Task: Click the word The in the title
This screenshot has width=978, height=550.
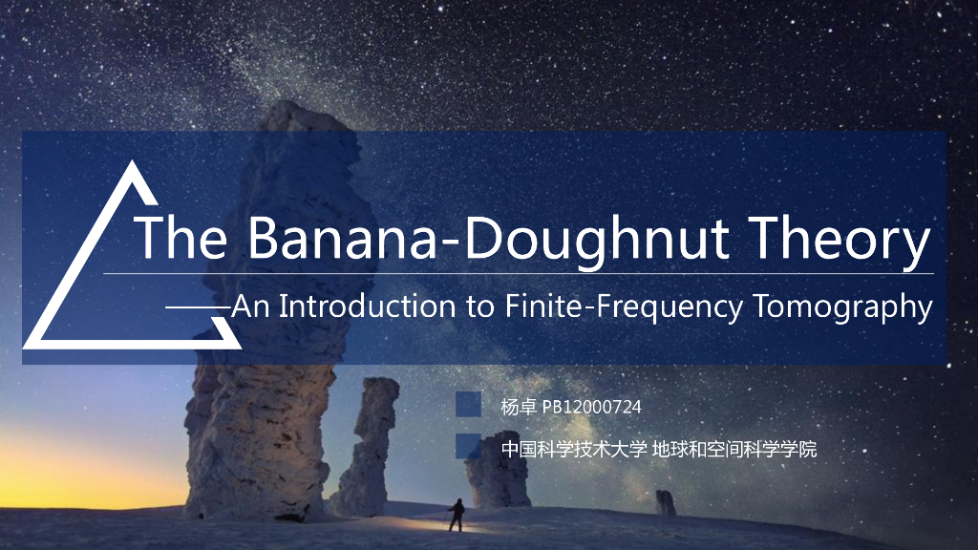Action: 181,239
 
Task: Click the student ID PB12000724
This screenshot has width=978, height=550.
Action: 592,407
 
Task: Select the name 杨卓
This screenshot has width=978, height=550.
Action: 519,407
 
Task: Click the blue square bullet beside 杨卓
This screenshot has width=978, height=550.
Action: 468,405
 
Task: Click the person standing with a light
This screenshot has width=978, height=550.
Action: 457,515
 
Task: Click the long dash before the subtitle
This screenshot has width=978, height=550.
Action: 199,307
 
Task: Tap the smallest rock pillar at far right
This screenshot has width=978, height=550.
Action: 665,502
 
